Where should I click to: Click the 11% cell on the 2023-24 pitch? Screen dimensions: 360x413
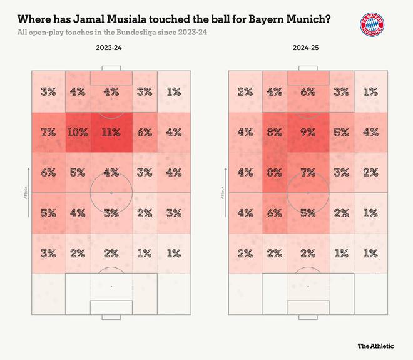111,132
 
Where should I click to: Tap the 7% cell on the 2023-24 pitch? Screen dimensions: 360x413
48,132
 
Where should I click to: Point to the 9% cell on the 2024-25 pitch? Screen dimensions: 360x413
308,132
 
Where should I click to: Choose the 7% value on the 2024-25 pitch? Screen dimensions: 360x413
308,172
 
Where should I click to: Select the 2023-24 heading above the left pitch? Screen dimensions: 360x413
109,48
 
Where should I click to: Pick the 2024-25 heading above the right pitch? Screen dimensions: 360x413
307,48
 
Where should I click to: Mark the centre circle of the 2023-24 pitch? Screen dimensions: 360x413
111,192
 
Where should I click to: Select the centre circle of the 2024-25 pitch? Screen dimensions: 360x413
308,192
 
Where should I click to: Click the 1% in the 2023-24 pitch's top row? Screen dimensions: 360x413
174,91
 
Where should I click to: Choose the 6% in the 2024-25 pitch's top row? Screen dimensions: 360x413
308,91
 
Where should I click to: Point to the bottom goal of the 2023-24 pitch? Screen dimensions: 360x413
111,307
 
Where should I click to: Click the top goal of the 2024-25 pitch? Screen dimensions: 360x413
308,78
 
